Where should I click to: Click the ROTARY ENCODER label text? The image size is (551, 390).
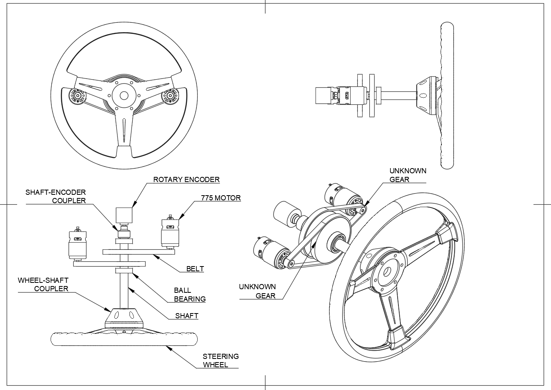(186, 180)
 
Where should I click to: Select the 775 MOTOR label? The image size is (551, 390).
(221, 198)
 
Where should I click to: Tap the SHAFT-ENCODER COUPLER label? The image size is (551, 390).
(56, 196)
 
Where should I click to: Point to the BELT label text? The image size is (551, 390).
(195, 269)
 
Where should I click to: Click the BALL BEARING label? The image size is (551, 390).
(190, 295)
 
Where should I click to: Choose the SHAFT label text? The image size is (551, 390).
(186, 316)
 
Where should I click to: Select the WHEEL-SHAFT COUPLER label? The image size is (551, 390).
(43, 284)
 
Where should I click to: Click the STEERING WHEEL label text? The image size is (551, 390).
(220, 361)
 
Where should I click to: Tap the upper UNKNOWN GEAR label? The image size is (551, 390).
(408, 175)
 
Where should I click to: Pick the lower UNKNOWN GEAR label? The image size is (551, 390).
(257, 291)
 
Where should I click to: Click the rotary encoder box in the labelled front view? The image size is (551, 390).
(124, 215)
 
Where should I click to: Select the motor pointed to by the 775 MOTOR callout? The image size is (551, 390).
(170, 233)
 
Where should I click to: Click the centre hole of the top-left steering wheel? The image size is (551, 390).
(124, 96)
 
